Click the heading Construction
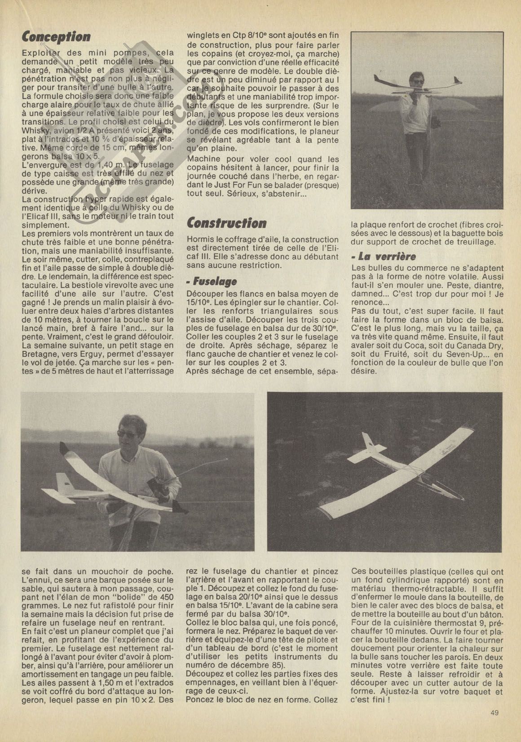(226, 223)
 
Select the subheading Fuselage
(213, 282)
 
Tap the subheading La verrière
(383, 257)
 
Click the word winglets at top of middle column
(204, 35)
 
